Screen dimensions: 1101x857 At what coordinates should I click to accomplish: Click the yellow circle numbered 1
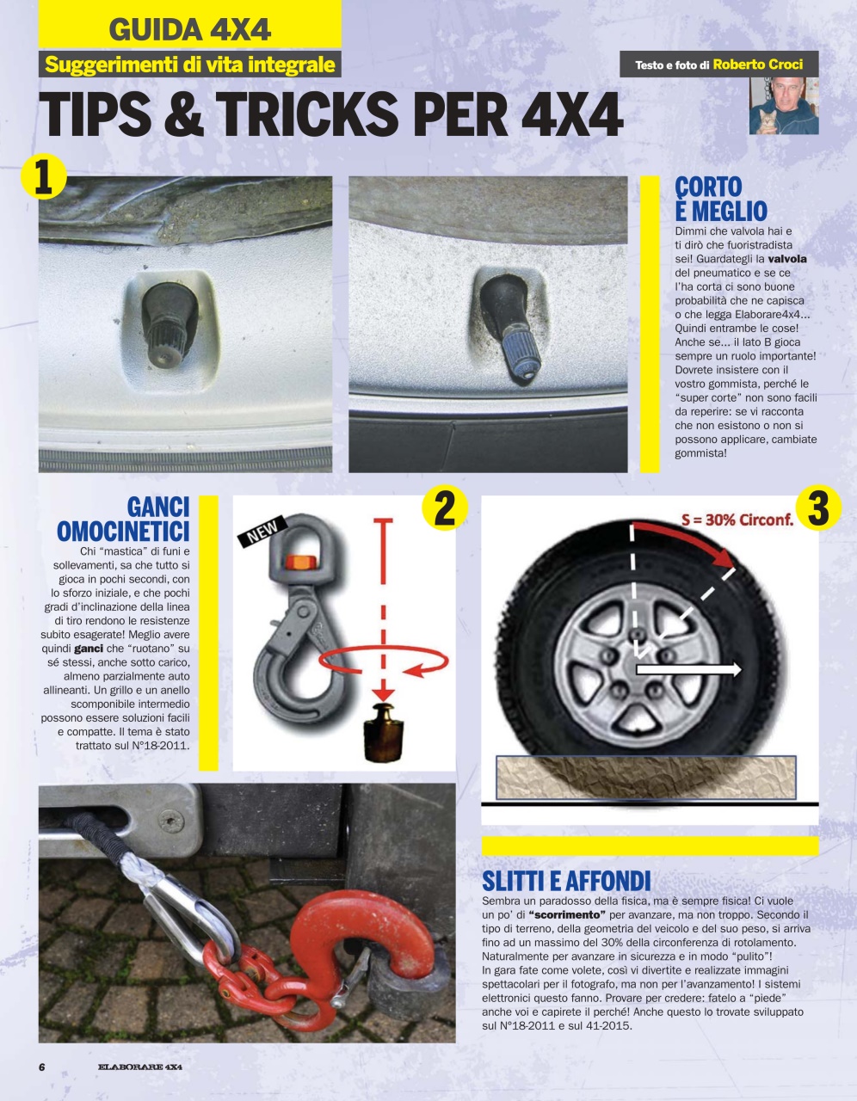(x=43, y=175)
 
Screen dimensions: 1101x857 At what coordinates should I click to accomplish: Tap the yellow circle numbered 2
(x=444, y=507)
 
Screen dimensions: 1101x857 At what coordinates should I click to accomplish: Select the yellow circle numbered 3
(x=818, y=507)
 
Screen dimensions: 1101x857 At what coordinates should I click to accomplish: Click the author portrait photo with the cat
(x=783, y=106)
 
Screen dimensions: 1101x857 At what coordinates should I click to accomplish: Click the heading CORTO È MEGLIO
(x=720, y=199)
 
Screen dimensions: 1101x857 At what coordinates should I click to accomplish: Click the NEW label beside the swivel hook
(x=262, y=532)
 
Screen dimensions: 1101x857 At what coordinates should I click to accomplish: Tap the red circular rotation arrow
(x=384, y=661)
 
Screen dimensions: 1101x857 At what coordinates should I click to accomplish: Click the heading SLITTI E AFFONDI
(x=566, y=881)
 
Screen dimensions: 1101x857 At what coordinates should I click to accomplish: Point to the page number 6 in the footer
(x=41, y=1067)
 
